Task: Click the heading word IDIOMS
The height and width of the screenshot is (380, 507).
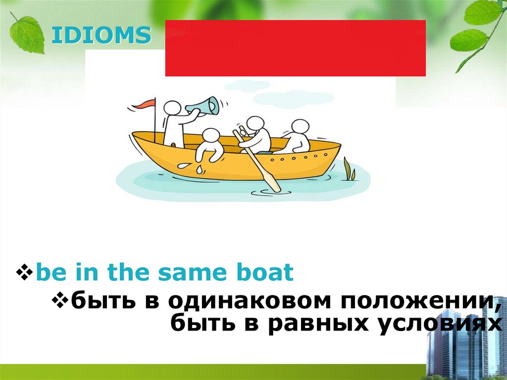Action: (101, 36)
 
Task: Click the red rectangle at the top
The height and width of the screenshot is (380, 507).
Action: (295, 48)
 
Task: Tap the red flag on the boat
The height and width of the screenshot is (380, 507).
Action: (147, 104)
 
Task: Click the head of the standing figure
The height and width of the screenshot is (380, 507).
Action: (172, 108)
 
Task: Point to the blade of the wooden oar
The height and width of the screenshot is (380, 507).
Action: (272, 182)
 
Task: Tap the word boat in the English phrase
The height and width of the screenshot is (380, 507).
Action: (267, 273)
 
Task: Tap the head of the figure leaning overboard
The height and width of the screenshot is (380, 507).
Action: (210, 136)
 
